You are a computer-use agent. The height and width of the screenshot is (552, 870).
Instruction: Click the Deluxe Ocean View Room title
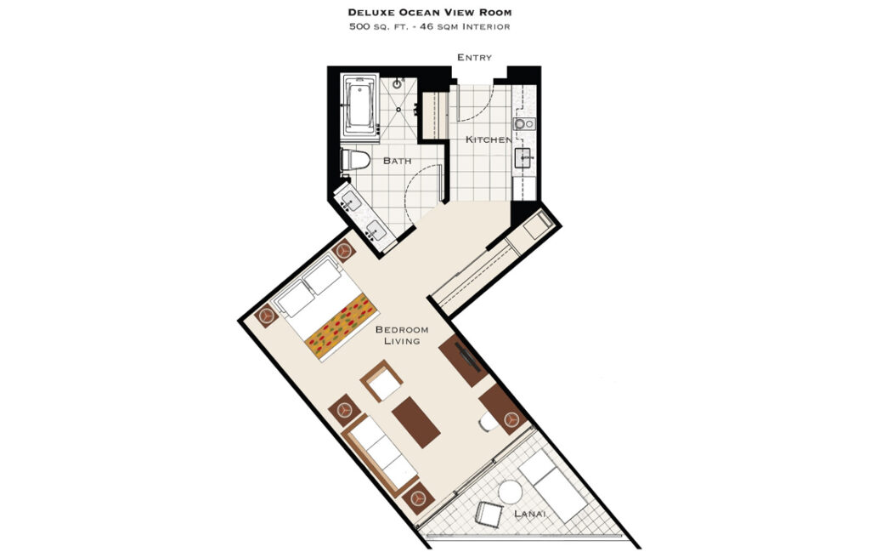pyautogui.click(x=430, y=12)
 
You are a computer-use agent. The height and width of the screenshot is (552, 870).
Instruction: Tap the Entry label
pyautogui.click(x=474, y=57)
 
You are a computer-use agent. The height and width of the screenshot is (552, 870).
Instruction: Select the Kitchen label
pyautogui.click(x=489, y=139)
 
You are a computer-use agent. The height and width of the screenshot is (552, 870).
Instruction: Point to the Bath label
pyautogui.click(x=398, y=161)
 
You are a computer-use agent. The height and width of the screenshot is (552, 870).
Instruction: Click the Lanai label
pyautogui.click(x=530, y=514)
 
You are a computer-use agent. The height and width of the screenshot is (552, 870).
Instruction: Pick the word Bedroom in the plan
pyautogui.click(x=402, y=329)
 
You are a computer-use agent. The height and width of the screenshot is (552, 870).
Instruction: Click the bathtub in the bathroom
pyautogui.click(x=360, y=105)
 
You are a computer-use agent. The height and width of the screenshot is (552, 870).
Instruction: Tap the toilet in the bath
pyautogui.click(x=355, y=160)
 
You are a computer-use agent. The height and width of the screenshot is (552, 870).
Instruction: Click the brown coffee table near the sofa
pyautogui.click(x=416, y=422)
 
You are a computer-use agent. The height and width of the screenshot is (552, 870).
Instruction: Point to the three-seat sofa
pyautogui.click(x=380, y=455)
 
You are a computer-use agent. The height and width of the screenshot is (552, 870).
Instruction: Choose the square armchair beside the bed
pyautogui.click(x=381, y=381)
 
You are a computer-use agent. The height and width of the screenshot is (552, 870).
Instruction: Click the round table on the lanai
pyautogui.click(x=510, y=492)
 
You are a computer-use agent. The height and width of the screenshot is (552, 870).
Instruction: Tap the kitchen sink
pyautogui.click(x=523, y=158)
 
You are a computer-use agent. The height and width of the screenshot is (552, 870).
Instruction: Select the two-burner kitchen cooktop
pyautogui.click(x=524, y=124)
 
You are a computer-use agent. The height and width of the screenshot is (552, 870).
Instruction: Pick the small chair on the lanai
pyautogui.click(x=489, y=515)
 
